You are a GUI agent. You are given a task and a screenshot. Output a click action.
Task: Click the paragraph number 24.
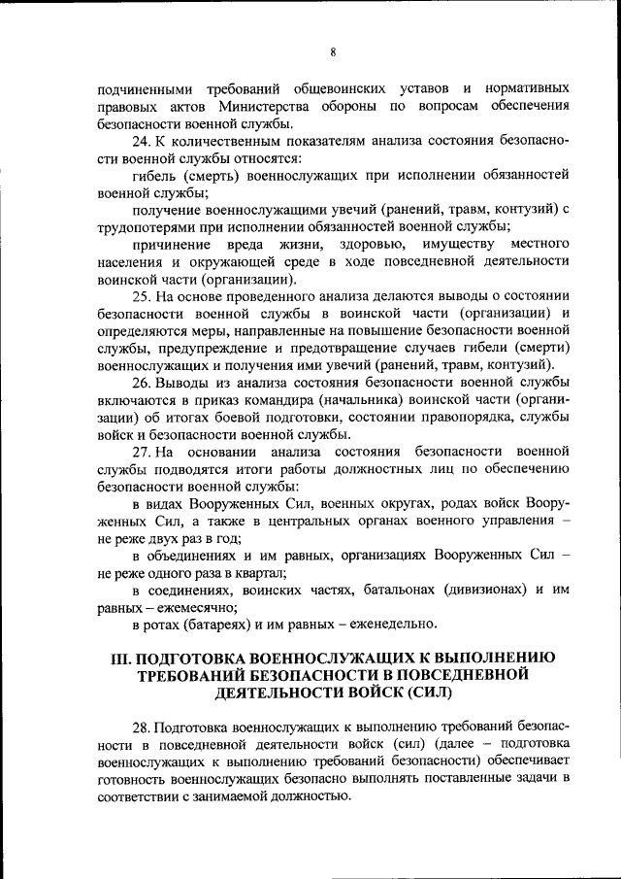click(140, 141)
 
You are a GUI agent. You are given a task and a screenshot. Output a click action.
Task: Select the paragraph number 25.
click(140, 295)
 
